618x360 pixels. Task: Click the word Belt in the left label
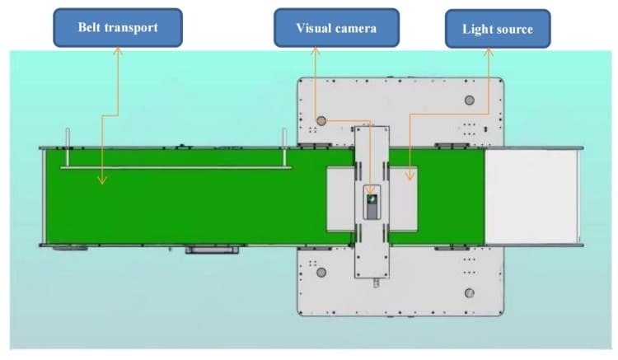click(x=89, y=27)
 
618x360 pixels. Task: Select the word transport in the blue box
click(x=131, y=28)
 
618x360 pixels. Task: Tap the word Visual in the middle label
click(x=313, y=28)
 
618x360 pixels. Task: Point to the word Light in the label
click(x=475, y=29)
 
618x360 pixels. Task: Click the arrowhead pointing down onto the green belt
click(x=102, y=180)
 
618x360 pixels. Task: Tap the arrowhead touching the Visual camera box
click(x=315, y=51)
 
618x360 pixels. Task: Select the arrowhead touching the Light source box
click(x=489, y=52)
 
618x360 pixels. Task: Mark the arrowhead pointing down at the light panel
click(x=410, y=176)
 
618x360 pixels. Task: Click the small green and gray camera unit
click(x=372, y=207)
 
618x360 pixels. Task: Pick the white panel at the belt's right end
click(x=531, y=197)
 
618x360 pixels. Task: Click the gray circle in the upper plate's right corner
click(x=469, y=100)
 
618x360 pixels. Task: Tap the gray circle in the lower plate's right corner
click(x=469, y=293)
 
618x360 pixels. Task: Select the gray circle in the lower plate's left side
click(x=321, y=272)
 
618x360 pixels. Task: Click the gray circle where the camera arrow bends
click(x=321, y=121)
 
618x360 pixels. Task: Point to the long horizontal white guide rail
click(x=176, y=168)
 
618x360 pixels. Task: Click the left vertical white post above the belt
click(x=68, y=147)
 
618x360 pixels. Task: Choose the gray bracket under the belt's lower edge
click(x=212, y=250)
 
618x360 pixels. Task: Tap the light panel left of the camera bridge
click(x=340, y=199)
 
